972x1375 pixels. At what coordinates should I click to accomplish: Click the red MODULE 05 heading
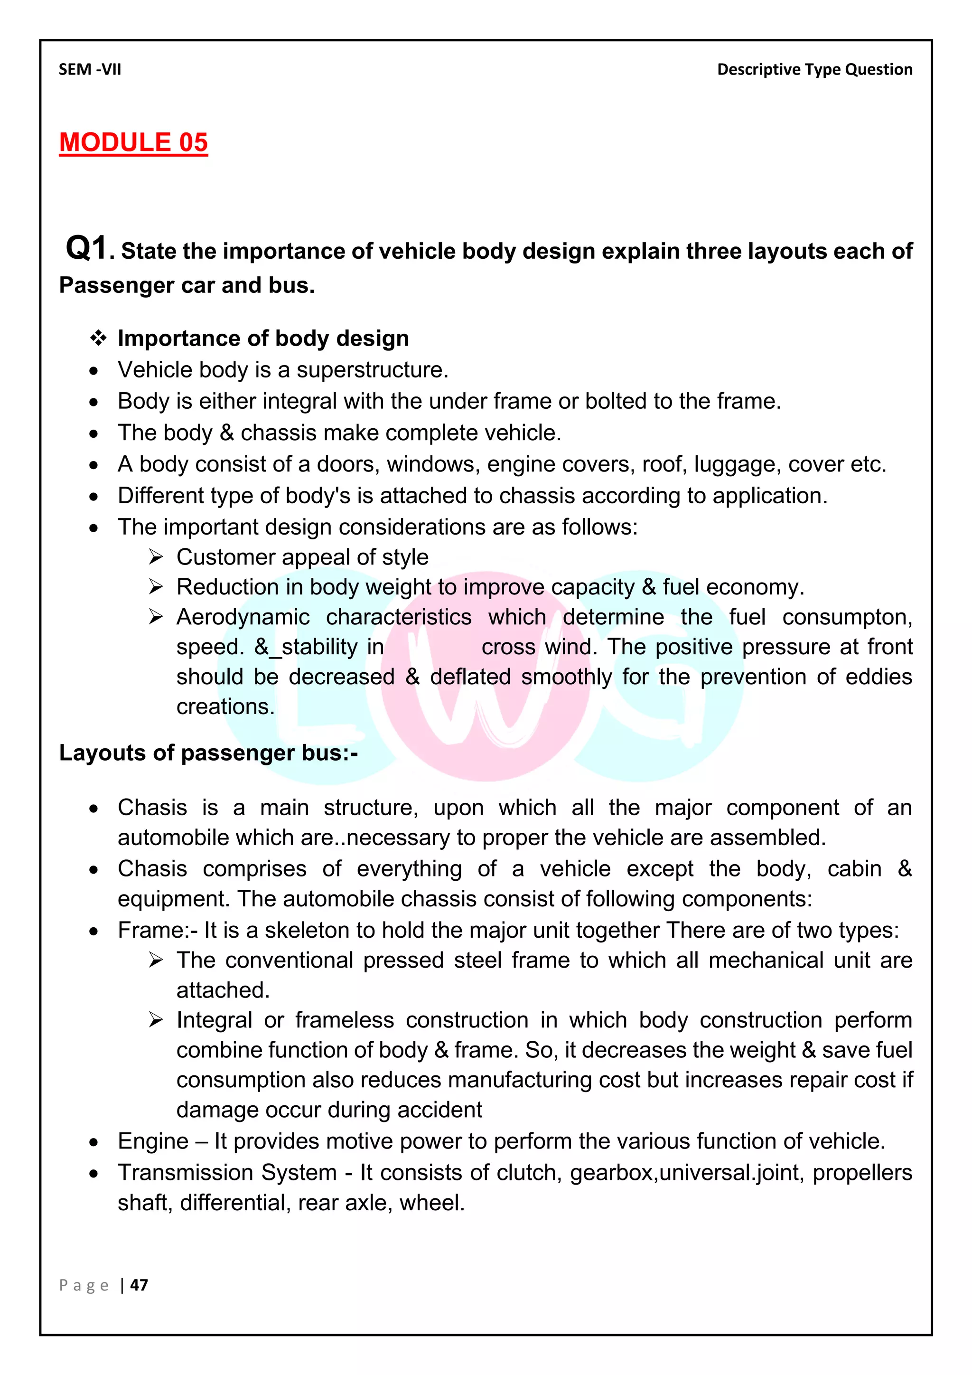coord(133,142)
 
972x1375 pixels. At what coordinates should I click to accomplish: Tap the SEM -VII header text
coord(90,69)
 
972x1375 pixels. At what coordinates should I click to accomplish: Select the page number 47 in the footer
coord(139,1285)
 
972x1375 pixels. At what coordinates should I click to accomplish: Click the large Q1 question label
coord(87,247)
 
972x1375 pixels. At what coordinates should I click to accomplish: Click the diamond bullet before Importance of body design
coord(98,339)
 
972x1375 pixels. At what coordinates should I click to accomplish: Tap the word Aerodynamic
coord(243,617)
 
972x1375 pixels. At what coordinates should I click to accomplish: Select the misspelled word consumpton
coord(847,617)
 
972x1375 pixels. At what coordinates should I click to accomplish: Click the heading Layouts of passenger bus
coord(208,753)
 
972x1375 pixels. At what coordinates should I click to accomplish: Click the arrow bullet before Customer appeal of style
coord(156,557)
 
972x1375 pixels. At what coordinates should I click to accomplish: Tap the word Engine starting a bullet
coord(153,1141)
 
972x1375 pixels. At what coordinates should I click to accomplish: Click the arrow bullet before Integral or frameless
coord(156,1020)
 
